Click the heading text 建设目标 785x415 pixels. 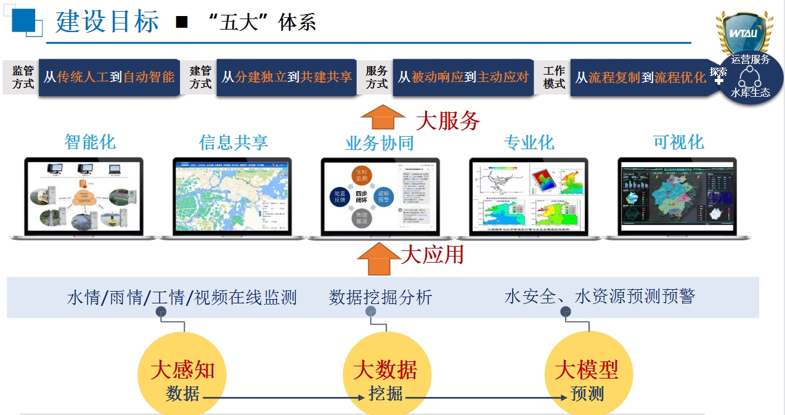[x=107, y=22]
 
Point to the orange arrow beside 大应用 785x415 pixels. [x=378, y=258]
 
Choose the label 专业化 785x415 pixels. [x=529, y=143]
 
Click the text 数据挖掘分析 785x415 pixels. [x=381, y=297]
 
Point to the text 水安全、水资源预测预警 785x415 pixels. [x=600, y=297]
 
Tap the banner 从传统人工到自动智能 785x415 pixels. [x=109, y=77]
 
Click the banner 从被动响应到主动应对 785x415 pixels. [x=463, y=77]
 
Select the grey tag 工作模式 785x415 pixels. [x=554, y=78]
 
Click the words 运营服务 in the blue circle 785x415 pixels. [x=750, y=60]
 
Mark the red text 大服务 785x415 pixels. [x=447, y=120]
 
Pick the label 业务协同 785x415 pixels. [x=379, y=144]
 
